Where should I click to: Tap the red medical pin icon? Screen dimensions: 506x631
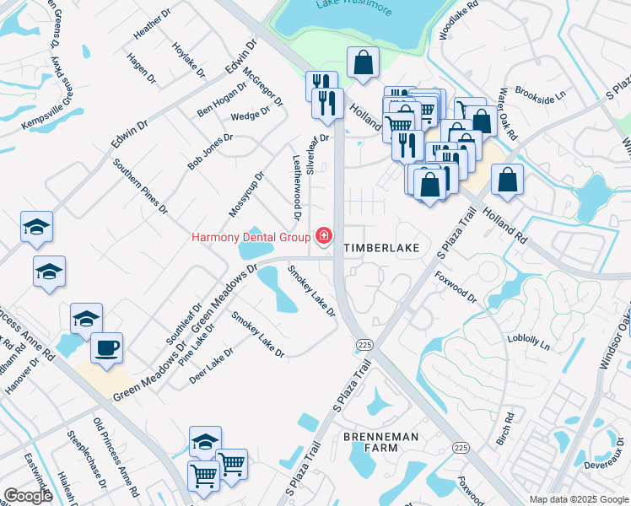(321, 236)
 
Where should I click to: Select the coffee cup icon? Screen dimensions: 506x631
(106, 348)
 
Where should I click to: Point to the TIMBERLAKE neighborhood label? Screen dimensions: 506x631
(381, 249)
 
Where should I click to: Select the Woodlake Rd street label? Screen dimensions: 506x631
(458, 21)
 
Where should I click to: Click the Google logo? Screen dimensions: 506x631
(27, 495)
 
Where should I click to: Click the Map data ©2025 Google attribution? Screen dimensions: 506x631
(579, 498)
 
